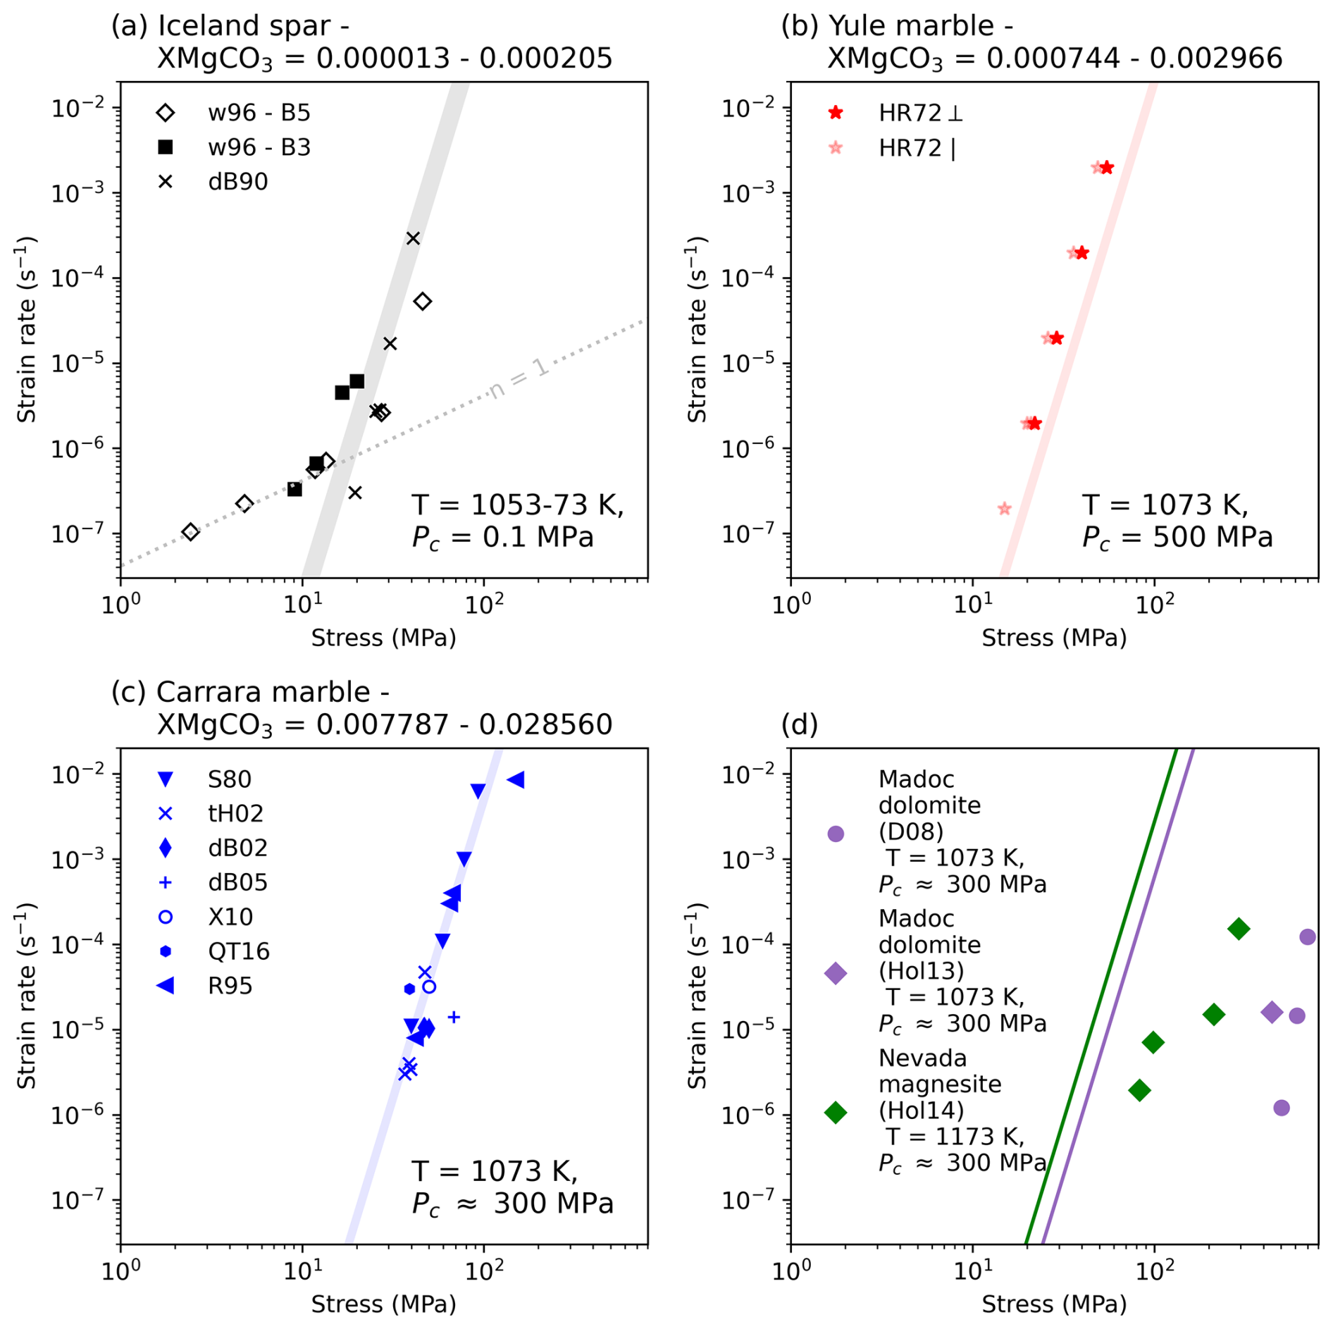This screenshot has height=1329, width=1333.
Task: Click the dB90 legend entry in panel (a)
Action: pyautogui.click(x=237, y=182)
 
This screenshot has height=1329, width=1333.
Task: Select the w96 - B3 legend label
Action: pyautogui.click(x=259, y=147)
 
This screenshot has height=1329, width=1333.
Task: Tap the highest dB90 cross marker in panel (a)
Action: pyautogui.click(x=413, y=238)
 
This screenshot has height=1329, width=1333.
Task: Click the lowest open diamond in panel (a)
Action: pyautogui.click(x=190, y=532)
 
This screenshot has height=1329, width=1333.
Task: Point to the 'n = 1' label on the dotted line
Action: pyautogui.click(x=519, y=378)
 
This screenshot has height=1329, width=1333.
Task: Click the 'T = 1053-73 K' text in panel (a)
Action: pyautogui.click(x=517, y=505)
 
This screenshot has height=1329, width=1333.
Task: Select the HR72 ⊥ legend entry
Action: pyautogui.click(x=919, y=113)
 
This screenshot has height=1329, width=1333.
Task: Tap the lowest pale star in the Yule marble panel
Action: pyautogui.click(x=1005, y=509)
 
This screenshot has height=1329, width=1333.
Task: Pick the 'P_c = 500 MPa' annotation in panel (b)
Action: pyautogui.click(x=1177, y=538)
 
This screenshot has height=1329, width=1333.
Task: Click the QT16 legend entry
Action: pyautogui.click(x=238, y=951)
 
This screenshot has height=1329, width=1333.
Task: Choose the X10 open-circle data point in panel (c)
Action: pyautogui.click(x=429, y=987)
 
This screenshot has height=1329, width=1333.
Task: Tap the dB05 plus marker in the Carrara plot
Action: pyautogui.click(x=454, y=1017)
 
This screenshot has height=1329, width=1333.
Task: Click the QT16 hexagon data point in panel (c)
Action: pyautogui.click(x=409, y=989)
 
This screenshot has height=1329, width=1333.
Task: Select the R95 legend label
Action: pyautogui.click(x=230, y=986)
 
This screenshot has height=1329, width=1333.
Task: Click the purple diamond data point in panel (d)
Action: pyautogui.click(x=1272, y=1013)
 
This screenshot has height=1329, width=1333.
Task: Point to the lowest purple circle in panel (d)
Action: pyautogui.click(x=1282, y=1108)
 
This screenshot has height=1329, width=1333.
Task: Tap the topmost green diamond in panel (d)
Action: pyautogui.click(x=1239, y=929)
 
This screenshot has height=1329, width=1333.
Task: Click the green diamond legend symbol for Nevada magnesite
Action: pyautogui.click(x=836, y=1113)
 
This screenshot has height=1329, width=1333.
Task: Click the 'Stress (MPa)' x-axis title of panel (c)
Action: pyautogui.click(x=383, y=1304)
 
